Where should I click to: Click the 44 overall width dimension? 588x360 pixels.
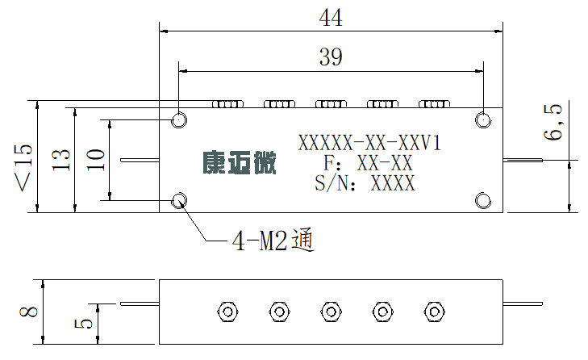331,18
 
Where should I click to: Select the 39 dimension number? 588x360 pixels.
331,57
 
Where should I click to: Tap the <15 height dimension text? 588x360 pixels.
23,167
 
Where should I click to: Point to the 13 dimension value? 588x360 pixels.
60,161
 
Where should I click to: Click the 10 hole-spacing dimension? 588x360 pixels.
96,161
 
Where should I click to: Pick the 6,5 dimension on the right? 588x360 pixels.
553,122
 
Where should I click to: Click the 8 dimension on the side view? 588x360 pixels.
28,312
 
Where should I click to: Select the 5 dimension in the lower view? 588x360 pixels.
83,324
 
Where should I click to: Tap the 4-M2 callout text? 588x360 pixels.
273,240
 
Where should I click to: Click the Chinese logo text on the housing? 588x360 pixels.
240,162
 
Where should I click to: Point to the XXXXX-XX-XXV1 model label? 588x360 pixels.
369,143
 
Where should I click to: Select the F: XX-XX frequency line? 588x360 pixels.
368,163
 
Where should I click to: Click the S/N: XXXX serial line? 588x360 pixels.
365,183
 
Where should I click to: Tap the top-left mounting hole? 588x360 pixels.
179,120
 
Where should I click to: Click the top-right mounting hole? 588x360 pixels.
483,120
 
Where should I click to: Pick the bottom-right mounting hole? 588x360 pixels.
483,200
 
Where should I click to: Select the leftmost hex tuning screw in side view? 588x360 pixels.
227,312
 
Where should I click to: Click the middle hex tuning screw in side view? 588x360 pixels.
331,312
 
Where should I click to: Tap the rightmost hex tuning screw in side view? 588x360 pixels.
434,312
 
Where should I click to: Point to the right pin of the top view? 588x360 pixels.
523,161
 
